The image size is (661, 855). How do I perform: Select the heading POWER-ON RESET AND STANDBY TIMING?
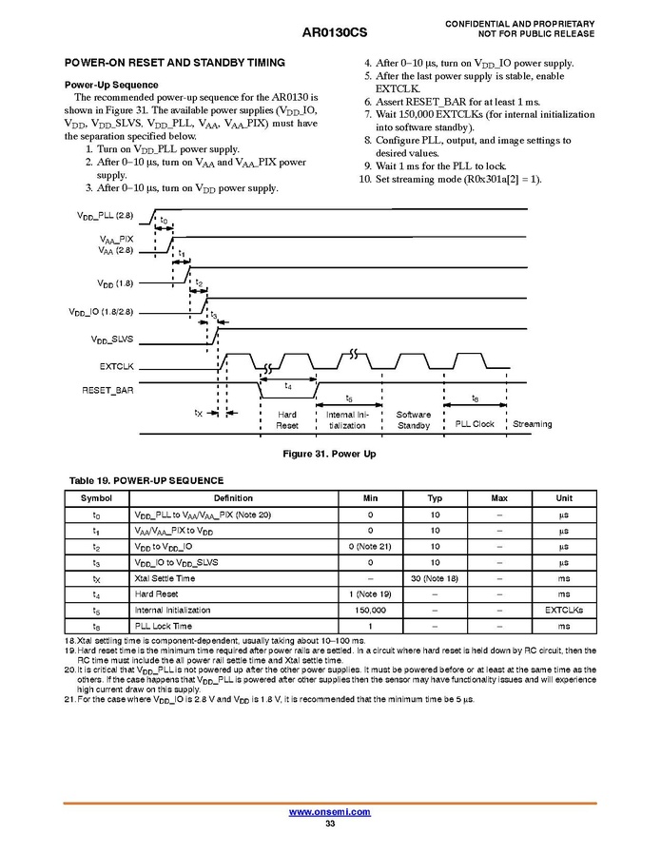pyautogui.click(x=174, y=63)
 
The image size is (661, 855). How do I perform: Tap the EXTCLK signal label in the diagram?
pyautogui.click(x=118, y=365)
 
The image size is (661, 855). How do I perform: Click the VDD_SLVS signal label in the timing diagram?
pyautogui.click(x=112, y=340)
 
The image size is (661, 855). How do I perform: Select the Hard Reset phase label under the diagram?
pyautogui.click(x=287, y=420)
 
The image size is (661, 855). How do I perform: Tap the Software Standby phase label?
pyautogui.click(x=413, y=420)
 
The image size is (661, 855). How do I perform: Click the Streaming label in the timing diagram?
pyautogui.click(x=532, y=424)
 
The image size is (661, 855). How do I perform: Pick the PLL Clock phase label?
pyautogui.click(x=475, y=424)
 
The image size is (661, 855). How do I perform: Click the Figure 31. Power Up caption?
pyautogui.click(x=330, y=454)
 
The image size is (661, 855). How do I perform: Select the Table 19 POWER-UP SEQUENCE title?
pyautogui.click(x=146, y=480)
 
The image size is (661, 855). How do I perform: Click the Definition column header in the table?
pyautogui.click(x=233, y=498)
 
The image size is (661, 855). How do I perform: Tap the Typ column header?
pyautogui.click(x=435, y=498)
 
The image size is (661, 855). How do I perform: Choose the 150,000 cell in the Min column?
pyautogui.click(x=370, y=611)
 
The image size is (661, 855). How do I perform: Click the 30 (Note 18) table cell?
pyautogui.click(x=435, y=578)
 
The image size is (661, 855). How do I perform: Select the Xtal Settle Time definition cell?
pyautogui.click(x=165, y=578)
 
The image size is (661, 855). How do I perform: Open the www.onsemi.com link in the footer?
pyautogui.click(x=330, y=812)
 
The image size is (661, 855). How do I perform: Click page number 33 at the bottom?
pyautogui.click(x=330, y=824)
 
